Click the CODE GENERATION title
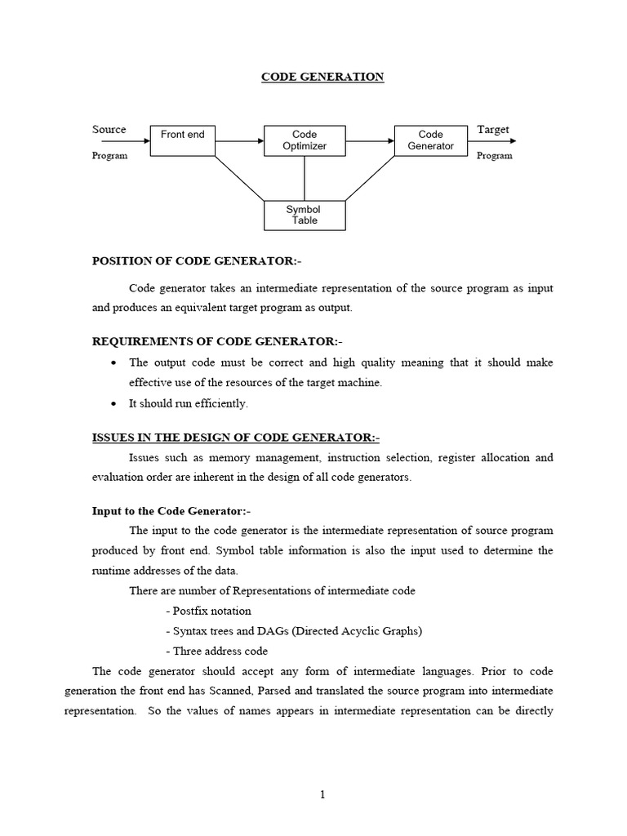(322, 78)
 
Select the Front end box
(182, 140)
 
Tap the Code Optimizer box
(305, 140)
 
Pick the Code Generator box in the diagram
(430, 140)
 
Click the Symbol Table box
(305, 215)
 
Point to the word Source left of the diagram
(109, 130)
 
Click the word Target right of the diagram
(492, 130)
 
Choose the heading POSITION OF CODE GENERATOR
(196, 261)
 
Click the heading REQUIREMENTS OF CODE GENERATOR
(212, 340)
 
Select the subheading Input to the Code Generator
(171, 511)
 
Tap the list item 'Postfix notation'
(211, 611)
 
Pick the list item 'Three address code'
(218, 651)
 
